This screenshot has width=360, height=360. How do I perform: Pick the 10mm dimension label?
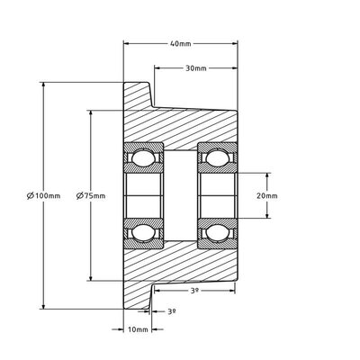point(138,329)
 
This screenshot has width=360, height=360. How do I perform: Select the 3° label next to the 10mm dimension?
point(172,310)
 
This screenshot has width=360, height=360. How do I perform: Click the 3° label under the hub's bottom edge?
point(193,292)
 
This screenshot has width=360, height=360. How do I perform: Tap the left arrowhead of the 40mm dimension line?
point(126,41)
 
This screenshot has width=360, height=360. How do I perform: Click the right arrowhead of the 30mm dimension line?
point(236,68)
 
